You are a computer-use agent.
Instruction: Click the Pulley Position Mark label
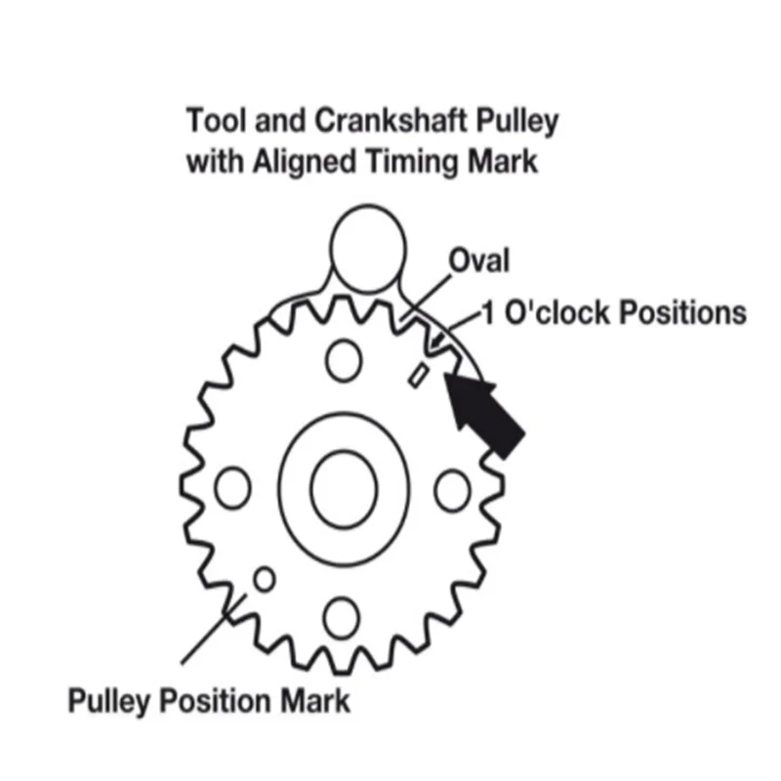[208, 699]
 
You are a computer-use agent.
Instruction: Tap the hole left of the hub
[232, 488]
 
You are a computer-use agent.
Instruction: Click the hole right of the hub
[453, 489]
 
